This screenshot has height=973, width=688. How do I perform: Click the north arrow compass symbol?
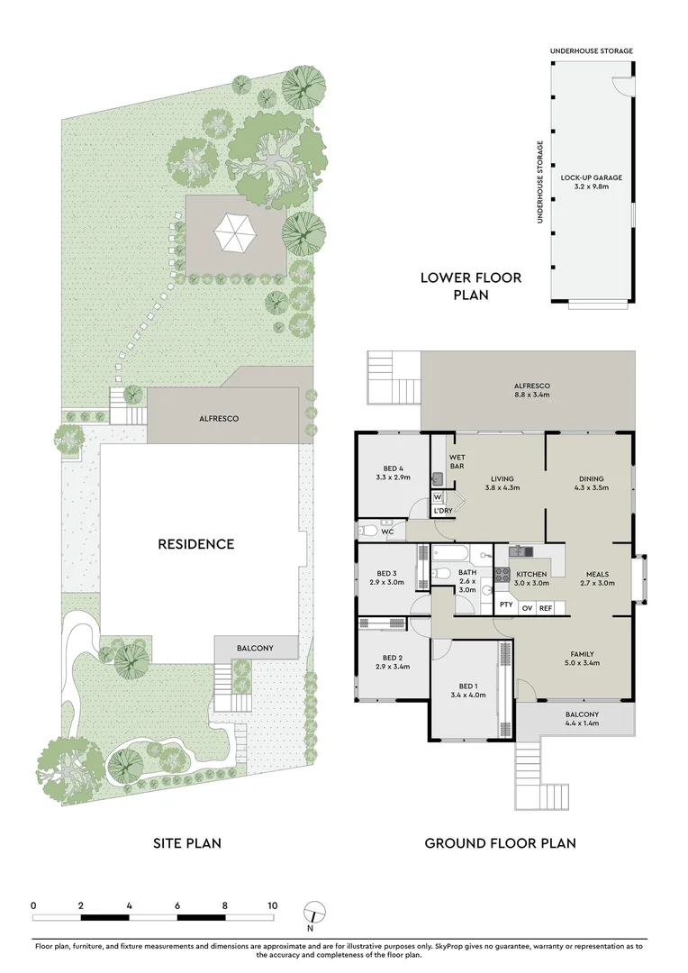click(311, 911)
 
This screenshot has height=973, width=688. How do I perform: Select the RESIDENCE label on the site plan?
click(196, 544)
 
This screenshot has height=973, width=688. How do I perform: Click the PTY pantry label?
click(506, 605)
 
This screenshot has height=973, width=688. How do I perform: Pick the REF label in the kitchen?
click(545, 608)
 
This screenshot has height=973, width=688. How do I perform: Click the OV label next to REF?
click(527, 608)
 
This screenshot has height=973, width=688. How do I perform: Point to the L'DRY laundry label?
click(442, 511)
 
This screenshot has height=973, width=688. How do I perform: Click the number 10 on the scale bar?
click(272, 905)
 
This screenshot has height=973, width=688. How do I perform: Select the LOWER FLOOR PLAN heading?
click(470, 286)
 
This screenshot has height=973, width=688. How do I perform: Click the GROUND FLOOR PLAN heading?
click(500, 844)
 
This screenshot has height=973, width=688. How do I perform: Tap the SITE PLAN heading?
click(185, 844)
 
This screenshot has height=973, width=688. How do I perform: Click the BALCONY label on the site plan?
click(255, 648)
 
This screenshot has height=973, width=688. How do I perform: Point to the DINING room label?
click(591, 484)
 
